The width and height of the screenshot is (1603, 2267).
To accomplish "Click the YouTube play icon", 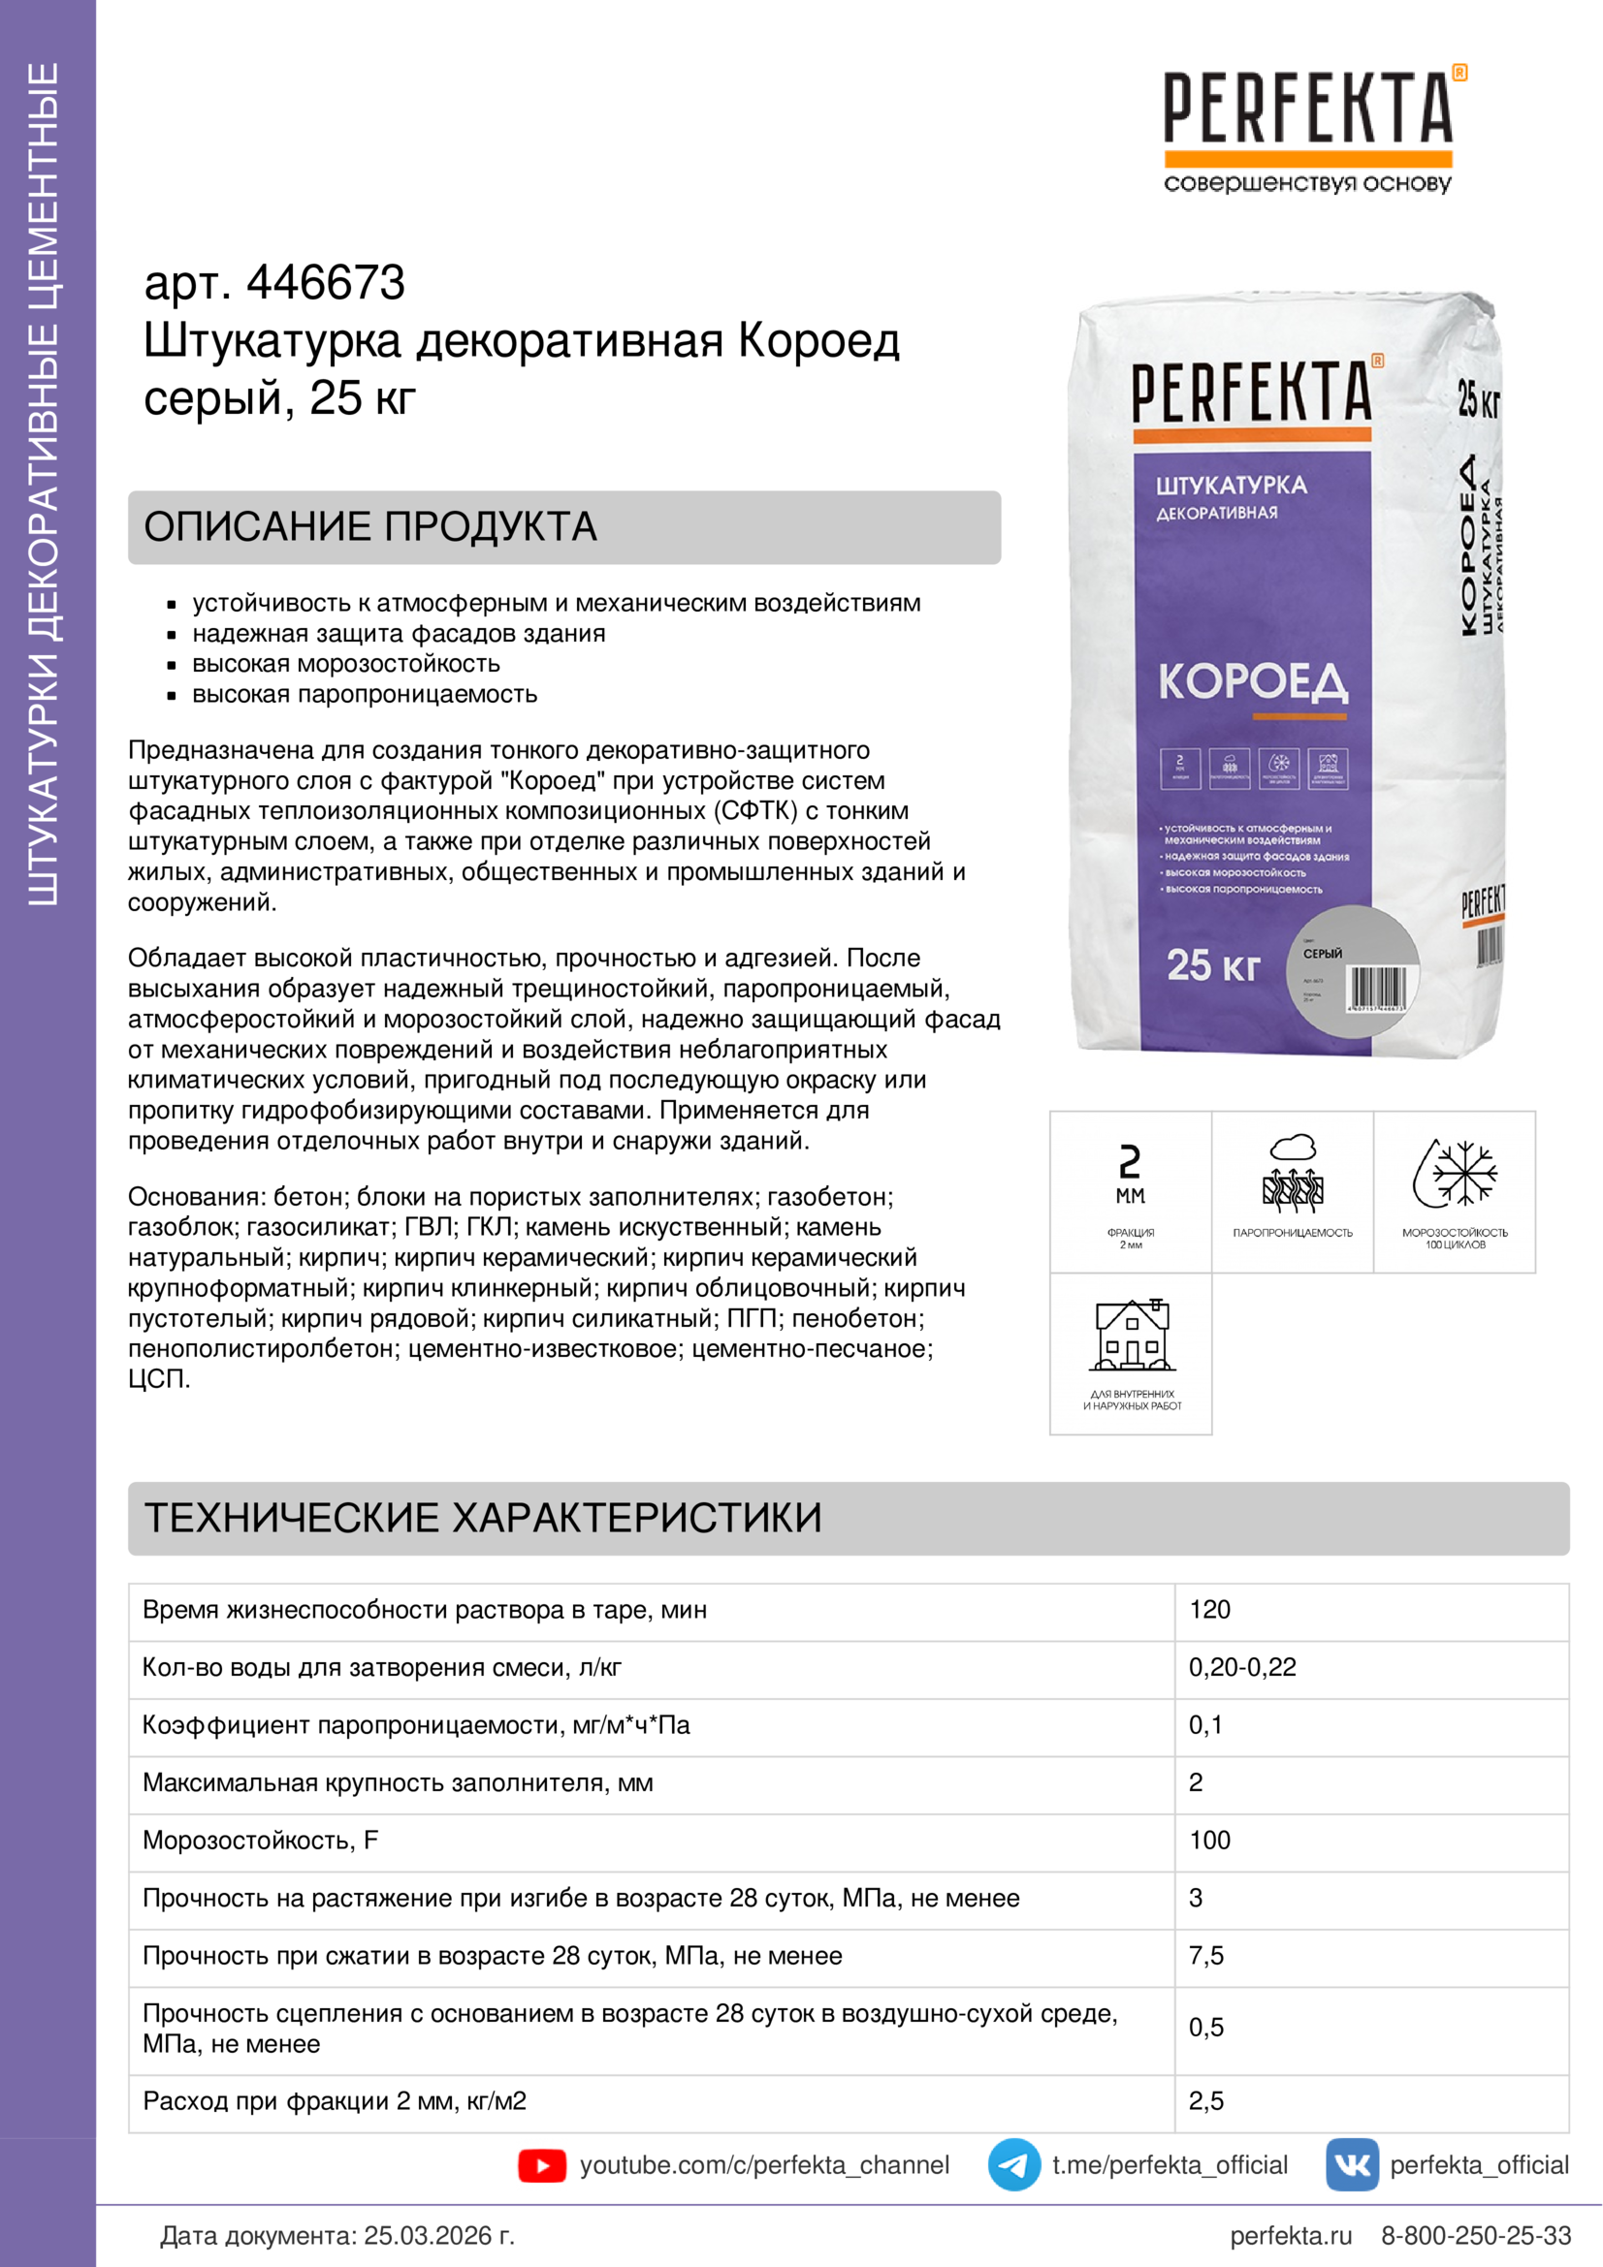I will pos(541,2165).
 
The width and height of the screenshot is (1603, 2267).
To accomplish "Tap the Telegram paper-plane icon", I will pos(1013,2164).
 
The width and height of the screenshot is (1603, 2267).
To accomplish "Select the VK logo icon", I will pos(1351,2164).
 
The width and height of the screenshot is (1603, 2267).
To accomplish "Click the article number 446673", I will pos(325,283).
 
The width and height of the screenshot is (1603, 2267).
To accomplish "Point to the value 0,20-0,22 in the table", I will pos(1241,1668).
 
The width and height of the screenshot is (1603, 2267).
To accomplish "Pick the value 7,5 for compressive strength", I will pos(1206,1956).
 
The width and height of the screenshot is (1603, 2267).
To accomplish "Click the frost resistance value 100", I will pos(1209,1841).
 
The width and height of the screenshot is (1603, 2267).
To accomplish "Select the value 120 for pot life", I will pos(1209,1610).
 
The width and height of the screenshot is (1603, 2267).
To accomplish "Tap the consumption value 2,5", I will pos(1206,2101).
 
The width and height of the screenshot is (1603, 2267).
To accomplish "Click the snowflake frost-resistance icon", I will pos(1455,1174).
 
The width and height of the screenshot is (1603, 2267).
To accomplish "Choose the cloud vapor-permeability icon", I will pos(1293,1174).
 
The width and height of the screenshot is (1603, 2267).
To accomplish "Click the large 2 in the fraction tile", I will pos(1130,1161).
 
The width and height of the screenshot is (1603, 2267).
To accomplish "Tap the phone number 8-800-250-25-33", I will pos(1476,2235).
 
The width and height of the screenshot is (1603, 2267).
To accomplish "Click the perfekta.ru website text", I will pos(1290,2235).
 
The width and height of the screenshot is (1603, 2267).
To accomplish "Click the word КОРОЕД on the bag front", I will pos(1252,682).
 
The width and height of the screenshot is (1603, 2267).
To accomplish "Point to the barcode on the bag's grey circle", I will pos(1377,989).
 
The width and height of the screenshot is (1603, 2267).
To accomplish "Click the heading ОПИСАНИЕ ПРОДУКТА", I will pos(370,527).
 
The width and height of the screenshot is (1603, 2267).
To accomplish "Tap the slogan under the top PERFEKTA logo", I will pos(1307,183).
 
